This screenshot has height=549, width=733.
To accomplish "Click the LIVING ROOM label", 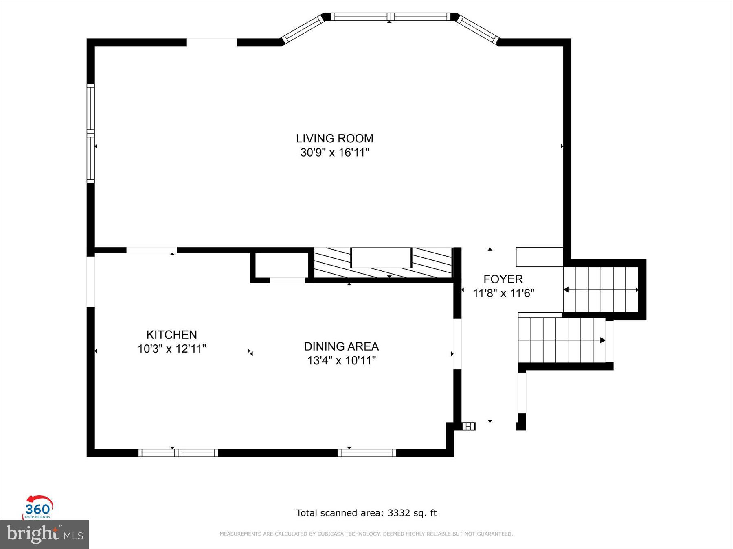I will tap(334, 139).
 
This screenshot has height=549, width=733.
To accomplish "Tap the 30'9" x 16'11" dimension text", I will tap(334, 153).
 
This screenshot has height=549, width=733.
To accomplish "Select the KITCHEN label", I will tap(171, 335).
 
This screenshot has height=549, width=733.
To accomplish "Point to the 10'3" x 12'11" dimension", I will tap(171, 349).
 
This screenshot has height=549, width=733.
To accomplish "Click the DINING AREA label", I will tap(341, 346).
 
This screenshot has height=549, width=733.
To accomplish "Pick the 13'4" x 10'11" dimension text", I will tap(341, 361).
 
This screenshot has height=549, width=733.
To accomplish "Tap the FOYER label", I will tap(503, 279).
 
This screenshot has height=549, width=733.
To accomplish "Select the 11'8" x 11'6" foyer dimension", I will tap(503, 293).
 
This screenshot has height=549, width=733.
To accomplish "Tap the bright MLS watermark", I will tap(44, 534).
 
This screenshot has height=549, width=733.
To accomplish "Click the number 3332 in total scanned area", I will tap(399, 513).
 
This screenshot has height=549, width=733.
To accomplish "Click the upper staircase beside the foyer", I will tap(600, 290).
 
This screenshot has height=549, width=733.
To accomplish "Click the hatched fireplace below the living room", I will tap(382, 263).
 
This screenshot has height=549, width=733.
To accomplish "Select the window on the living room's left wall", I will tap(90, 133).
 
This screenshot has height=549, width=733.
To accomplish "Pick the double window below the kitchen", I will tap(178, 453).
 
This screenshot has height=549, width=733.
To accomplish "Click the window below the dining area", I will tap(366, 453).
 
